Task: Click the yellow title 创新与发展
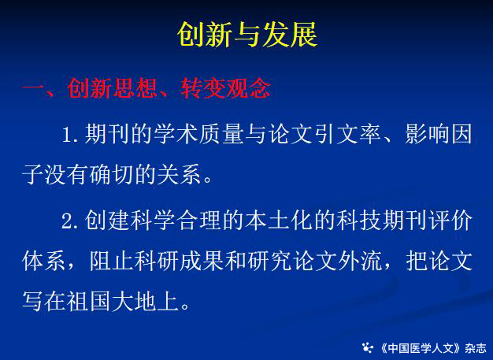point(247,35)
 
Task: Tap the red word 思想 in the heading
point(134,88)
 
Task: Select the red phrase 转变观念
point(226,88)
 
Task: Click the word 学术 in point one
point(176,134)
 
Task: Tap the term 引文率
point(347,134)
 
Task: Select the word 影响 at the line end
point(428,134)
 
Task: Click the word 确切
point(111,174)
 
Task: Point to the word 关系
point(179,174)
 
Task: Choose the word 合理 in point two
point(198,220)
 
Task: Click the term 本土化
point(278,220)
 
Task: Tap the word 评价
point(450,220)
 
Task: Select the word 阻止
point(111,260)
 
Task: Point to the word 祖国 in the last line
point(89,301)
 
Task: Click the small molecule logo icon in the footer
point(368,347)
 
